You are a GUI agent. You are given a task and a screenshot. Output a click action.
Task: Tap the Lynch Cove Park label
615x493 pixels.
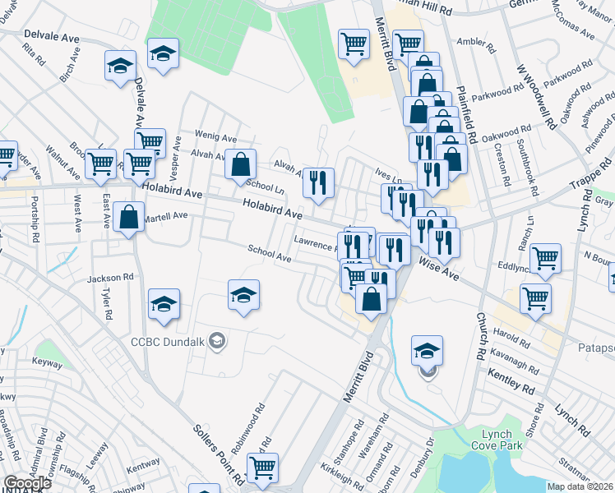[492, 440]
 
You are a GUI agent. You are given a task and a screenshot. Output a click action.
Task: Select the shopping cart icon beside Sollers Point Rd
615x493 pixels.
[262, 468]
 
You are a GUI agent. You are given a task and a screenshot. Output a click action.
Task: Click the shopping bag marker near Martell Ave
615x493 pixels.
[129, 218]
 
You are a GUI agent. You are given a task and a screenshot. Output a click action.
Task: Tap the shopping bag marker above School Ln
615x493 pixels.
[238, 164]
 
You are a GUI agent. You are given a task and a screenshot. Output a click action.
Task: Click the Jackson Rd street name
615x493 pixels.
[110, 278]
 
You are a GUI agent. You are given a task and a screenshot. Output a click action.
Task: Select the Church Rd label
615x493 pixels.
[479, 335]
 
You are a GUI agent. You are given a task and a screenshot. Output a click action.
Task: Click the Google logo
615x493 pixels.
[27, 482]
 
